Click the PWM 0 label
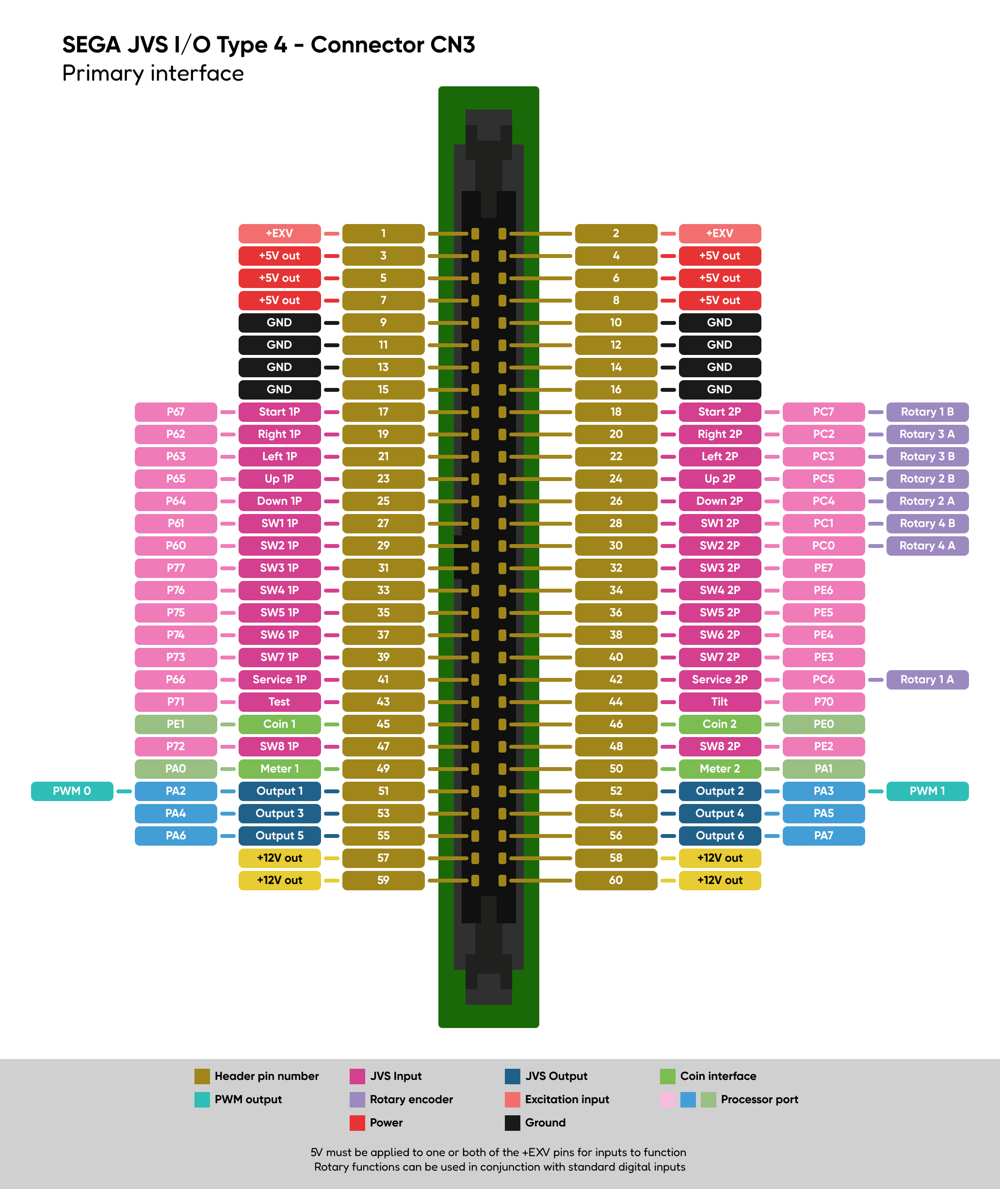tap(72, 790)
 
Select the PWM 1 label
tap(927, 790)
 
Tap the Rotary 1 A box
tap(927, 679)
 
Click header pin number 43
tap(383, 702)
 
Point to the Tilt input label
tap(719, 702)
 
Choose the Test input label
tap(279, 702)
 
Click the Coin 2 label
tap(719, 723)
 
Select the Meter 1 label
tap(279, 769)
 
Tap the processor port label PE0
tap(823, 723)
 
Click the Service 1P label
tap(279, 679)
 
